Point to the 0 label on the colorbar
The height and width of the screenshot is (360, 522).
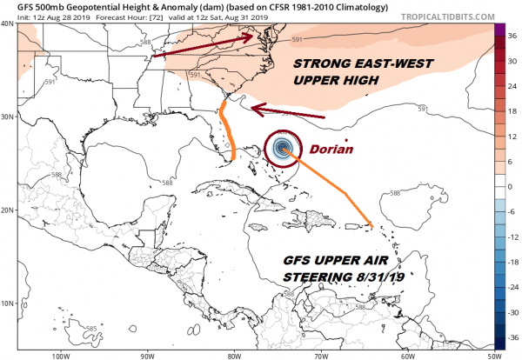coord(512,186)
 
